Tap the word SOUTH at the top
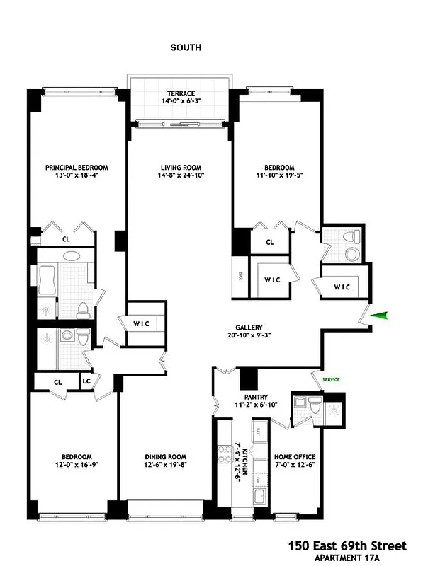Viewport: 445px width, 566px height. click(186, 47)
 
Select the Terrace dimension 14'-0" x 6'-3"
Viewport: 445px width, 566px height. click(181, 101)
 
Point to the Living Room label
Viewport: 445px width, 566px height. click(182, 168)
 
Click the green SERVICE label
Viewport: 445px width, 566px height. click(331, 380)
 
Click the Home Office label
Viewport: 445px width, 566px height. click(295, 457)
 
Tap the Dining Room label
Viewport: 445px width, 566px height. click(165, 457)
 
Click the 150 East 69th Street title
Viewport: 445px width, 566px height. click(347, 545)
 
